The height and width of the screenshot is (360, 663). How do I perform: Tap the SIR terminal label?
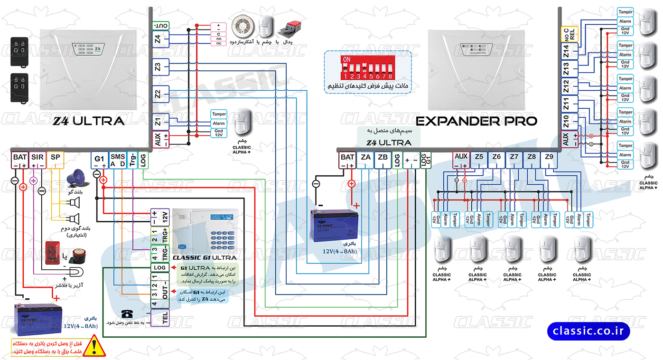pyautogui.click(x=37, y=157)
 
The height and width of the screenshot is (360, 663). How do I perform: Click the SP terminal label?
pyautogui.click(x=56, y=157)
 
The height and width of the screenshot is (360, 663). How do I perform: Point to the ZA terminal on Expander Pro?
pyautogui.click(x=365, y=157)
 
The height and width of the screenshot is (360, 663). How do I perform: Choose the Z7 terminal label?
pyautogui.click(x=514, y=157)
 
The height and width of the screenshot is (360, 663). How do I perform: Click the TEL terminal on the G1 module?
pyautogui.click(x=159, y=317)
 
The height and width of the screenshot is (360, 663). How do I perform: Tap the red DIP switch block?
pyautogui.click(x=366, y=66)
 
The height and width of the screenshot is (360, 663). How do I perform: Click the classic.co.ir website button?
pyautogui.click(x=588, y=331)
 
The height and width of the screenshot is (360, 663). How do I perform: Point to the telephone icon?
pyautogui.click(x=127, y=313)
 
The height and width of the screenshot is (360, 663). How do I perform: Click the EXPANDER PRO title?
pyautogui.click(x=476, y=121)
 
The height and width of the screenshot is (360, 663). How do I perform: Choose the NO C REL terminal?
pyautogui.click(x=569, y=34)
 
